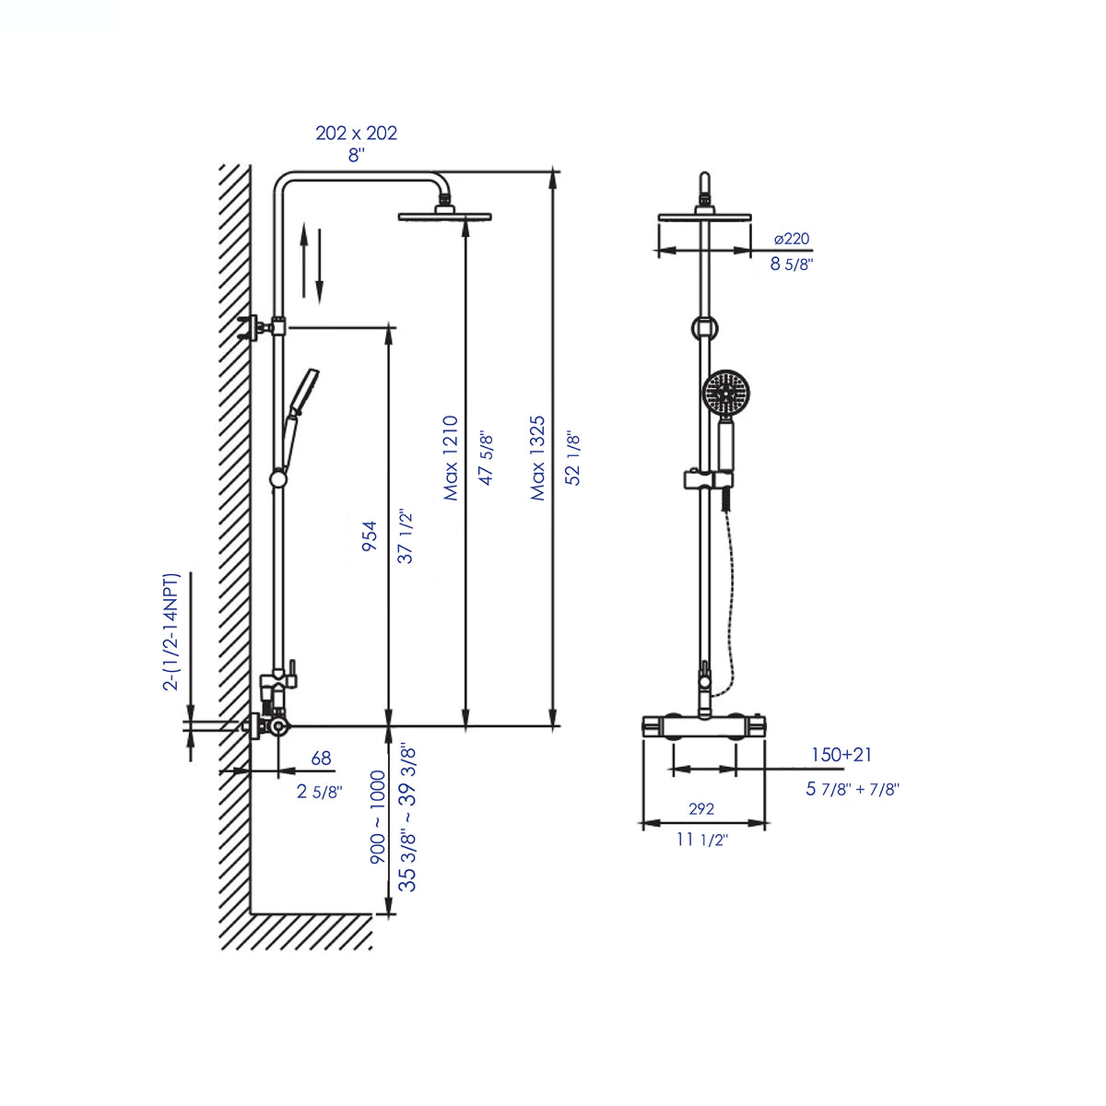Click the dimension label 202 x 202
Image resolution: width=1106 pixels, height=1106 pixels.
tap(356, 133)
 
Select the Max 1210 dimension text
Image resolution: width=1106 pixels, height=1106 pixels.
tap(450, 458)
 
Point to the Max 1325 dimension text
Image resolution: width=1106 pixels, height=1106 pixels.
tap(537, 458)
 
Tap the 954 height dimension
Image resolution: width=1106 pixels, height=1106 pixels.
tap(369, 535)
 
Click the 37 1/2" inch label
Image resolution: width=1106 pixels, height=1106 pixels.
tap(406, 535)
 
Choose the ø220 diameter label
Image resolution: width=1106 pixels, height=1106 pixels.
tap(791, 239)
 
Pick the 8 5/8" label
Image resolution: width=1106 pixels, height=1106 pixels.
tap(791, 264)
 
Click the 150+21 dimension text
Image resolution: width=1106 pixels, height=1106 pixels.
tap(841, 755)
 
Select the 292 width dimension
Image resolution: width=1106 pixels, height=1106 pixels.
tap(701, 808)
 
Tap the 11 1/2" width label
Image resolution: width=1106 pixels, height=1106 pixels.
tap(701, 840)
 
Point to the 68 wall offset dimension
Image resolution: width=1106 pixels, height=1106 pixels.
tap(321, 759)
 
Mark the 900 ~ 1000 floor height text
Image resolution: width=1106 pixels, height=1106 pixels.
tap(378, 818)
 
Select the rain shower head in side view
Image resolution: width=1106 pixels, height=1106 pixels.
tap(444, 217)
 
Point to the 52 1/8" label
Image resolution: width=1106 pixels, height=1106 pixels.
tap(572, 458)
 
